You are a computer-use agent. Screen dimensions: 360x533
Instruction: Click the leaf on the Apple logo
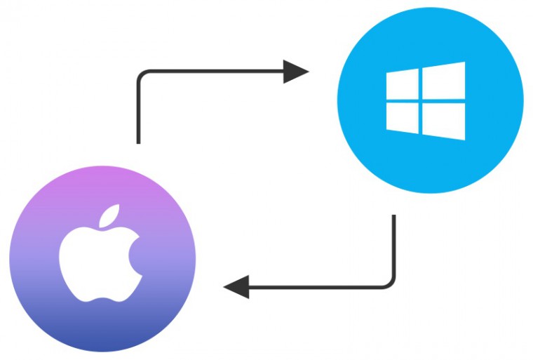coord(109,217)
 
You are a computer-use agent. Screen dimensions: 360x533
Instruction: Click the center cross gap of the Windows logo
coord(421,102)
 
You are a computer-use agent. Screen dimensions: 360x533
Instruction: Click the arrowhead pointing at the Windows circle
coord(295,71)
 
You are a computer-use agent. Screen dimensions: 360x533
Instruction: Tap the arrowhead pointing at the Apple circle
coord(236,286)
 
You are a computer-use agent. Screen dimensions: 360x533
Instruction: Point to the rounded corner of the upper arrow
coord(142,74)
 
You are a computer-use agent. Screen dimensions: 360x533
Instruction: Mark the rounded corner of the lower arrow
coord(390,282)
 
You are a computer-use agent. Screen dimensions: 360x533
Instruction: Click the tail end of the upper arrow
coord(139,140)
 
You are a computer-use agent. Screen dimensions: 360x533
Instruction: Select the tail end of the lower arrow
coord(393,218)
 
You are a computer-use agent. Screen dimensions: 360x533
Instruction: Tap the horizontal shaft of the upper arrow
coord(210,71)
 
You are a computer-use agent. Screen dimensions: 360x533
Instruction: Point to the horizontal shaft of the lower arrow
coord(316,286)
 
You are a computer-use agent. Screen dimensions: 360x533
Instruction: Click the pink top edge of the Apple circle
coord(102,171)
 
